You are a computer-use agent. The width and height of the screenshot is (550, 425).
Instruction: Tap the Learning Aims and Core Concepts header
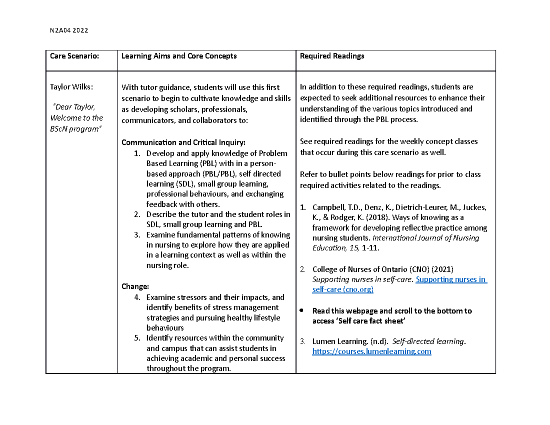[179, 56]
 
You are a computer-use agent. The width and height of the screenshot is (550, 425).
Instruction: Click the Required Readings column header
[331, 56]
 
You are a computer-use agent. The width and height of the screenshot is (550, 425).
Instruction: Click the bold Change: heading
[135, 287]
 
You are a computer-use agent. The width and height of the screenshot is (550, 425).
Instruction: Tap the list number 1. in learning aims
[137, 153]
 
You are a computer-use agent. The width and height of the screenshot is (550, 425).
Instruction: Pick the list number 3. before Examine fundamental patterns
[137, 235]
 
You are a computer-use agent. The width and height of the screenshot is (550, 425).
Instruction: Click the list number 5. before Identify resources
[137, 338]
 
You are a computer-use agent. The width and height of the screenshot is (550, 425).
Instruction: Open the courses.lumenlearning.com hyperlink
[371, 352]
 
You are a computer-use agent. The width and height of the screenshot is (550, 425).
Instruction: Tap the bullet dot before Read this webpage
[301, 311]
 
